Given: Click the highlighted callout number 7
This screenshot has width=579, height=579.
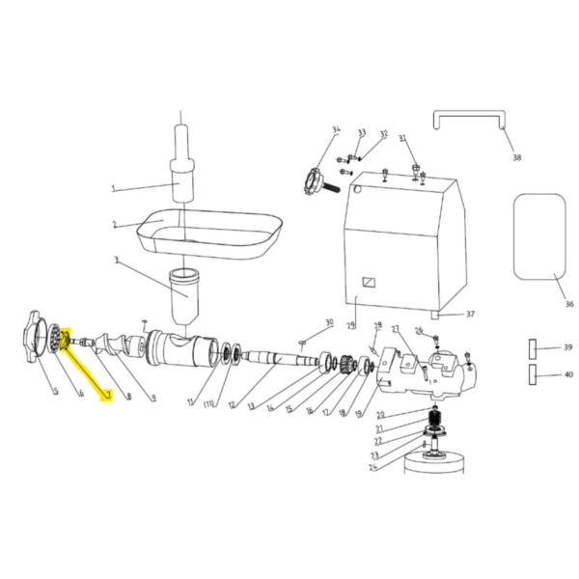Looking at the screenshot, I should pos(108,396).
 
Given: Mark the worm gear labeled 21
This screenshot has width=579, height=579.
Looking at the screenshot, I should pos(433,421).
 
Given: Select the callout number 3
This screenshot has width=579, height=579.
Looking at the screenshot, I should pos(115,261).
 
